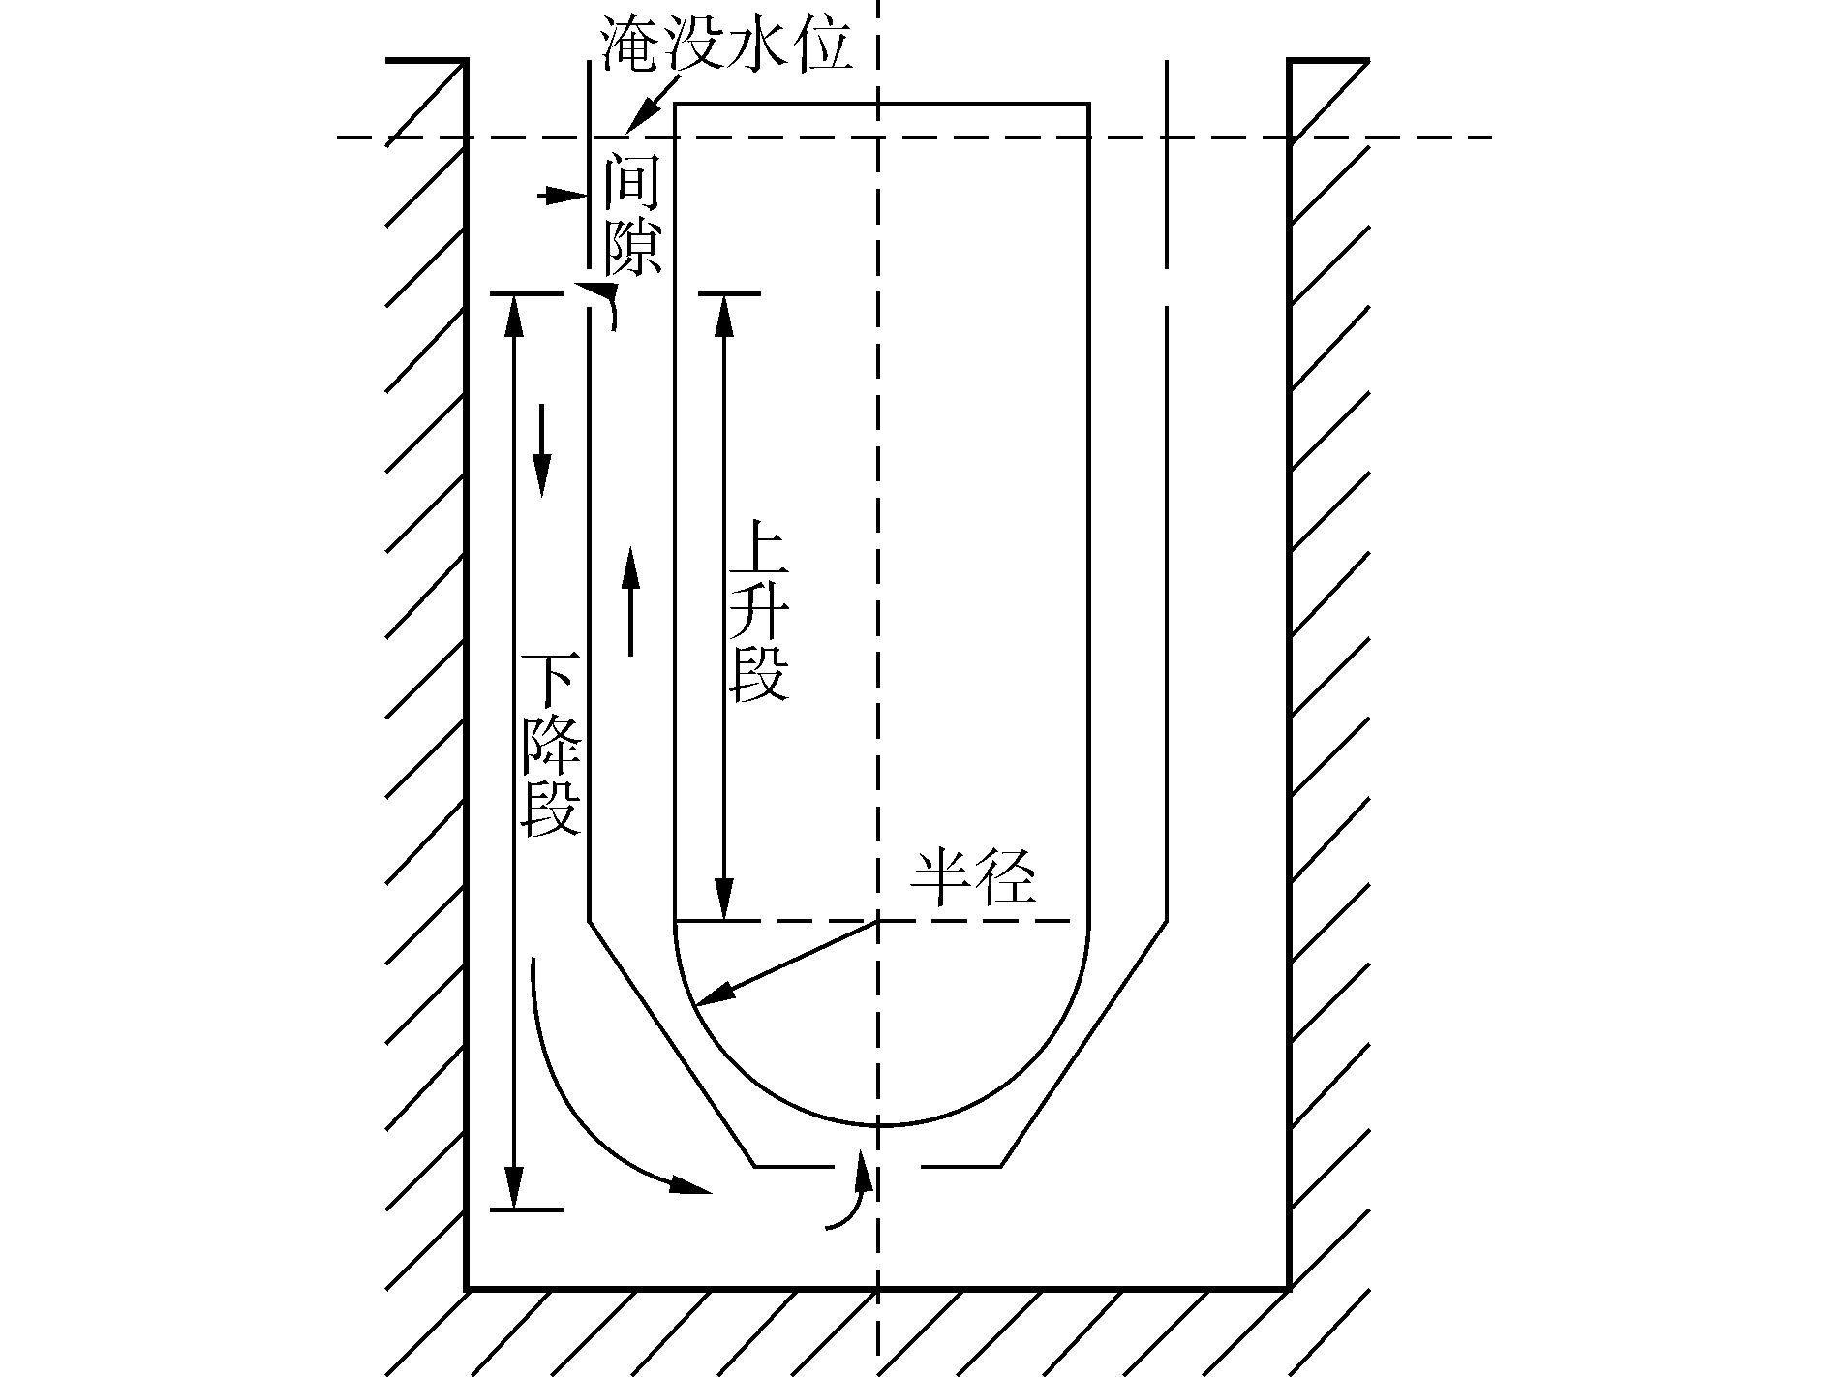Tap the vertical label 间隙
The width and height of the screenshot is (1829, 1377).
coord(632,217)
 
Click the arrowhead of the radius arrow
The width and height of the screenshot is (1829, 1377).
coord(708,997)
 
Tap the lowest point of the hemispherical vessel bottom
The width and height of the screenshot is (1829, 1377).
coord(878,1126)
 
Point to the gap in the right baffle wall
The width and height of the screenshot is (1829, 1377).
coord(1167,288)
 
